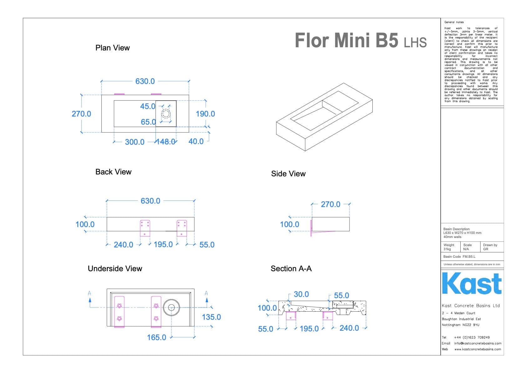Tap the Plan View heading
[x=112, y=48]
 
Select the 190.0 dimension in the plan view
[x=205, y=114]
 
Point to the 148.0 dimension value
[x=166, y=142]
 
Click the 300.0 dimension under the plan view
[x=135, y=142]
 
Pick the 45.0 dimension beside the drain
[x=148, y=106]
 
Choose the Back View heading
[x=113, y=172]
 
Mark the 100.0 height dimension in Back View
[x=85, y=225]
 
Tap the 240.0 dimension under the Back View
[x=123, y=245]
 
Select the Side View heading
[x=288, y=174]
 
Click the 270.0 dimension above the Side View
[x=330, y=205]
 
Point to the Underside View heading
[x=115, y=269]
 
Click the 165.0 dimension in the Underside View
[x=156, y=338]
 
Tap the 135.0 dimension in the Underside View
[x=211, y=317]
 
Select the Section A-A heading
[x=291, y=269]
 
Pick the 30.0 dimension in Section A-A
[x=301, y=294]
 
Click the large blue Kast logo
[x=472, y=283]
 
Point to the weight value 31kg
[x=447, y=249]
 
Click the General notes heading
[x=454, y=22]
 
